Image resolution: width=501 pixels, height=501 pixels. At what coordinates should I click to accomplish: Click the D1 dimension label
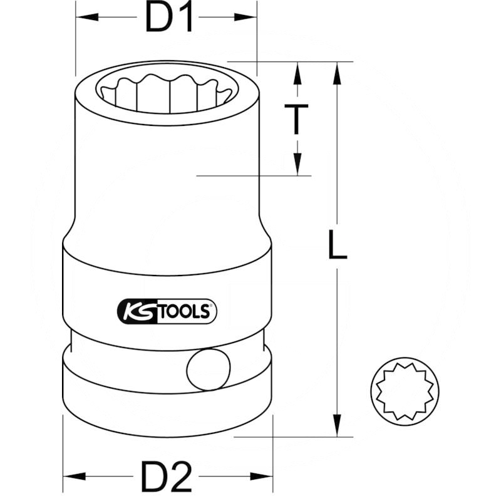click(x=168, y=18)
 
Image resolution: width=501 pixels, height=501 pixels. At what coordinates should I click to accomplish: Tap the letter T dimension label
click(x=296, y=120)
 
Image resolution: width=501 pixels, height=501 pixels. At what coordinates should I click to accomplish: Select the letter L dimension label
click(x=338, y=245)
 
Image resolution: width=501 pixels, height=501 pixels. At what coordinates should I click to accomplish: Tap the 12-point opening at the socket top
click(x=166, y=93)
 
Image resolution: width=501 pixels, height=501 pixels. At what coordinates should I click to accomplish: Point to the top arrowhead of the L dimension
click(x=338, y=72)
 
